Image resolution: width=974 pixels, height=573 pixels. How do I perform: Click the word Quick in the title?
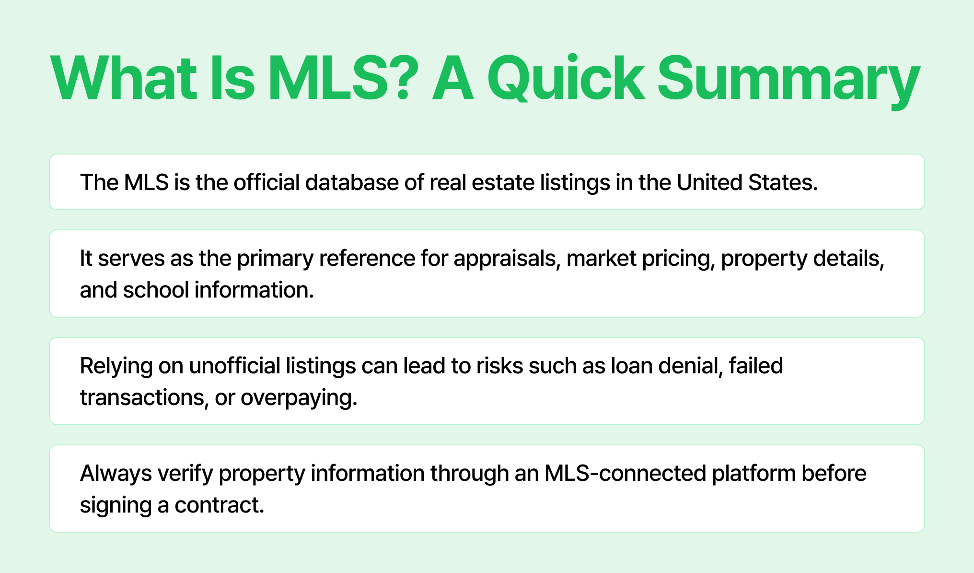tap(566, 79)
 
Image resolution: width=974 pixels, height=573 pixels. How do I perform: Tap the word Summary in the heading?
tap(788, 82)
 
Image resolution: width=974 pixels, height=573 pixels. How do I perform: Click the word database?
tap(352, 182)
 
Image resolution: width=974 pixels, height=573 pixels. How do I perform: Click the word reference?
tap(367, 258)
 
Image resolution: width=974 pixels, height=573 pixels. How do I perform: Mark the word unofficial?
tap(235, 366)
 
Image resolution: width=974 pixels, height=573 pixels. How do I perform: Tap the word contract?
tap(220, 505)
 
